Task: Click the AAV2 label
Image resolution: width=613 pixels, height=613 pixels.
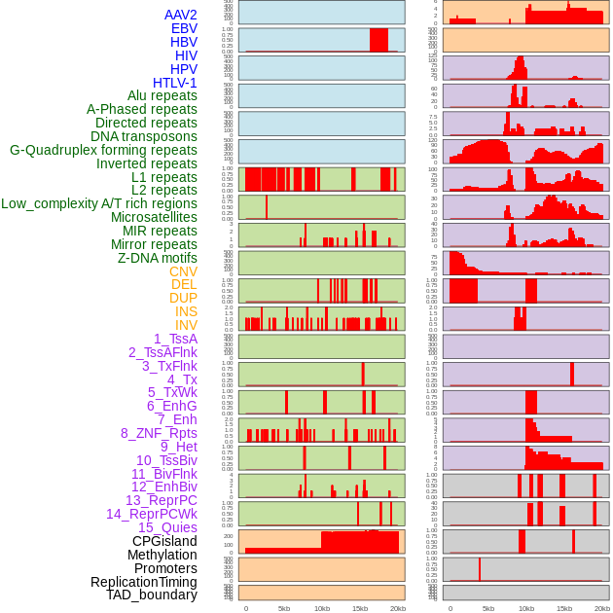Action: click(x=180, y=15)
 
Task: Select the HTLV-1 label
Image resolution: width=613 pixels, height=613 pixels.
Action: click(x=174, y=83)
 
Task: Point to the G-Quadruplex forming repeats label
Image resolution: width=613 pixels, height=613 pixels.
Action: click(x=103, y=150)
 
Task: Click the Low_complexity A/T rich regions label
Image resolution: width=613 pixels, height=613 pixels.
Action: click(x=99, y=203)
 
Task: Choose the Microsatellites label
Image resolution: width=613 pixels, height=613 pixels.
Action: click(x=154, y=217)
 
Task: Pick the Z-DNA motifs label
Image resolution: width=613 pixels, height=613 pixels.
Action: click(x=157, y=258)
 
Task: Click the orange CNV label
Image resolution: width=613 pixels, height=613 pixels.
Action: click(x=183, y=271)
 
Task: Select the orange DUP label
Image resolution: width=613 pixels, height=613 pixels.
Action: click(x=183, y=298)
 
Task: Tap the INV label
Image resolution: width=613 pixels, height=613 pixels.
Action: click(x=186, y=325)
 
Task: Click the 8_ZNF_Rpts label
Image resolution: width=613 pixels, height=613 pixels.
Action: click(x=159, y=433)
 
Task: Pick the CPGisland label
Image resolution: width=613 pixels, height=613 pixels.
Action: click(x=164, y=541)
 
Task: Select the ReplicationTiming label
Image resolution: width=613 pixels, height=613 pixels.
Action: click(x=143, y=582)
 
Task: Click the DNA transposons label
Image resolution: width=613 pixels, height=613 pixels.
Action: click(x=144, y=136)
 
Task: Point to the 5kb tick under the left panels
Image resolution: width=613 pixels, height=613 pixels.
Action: click(x=284, y=608)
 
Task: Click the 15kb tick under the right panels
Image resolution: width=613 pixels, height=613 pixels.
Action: click(x=564, y=608)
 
